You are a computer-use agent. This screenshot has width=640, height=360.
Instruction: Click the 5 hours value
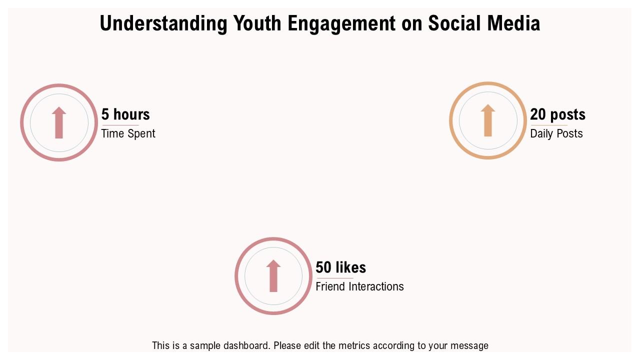tap(125, 114)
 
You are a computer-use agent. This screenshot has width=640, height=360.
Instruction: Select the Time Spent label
tap(128, 133)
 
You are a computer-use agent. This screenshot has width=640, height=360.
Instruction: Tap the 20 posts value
tap(557, 114)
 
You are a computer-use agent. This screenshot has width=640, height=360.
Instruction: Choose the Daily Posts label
tap(556, 133)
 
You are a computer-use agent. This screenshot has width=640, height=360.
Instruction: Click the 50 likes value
tap(341, 267)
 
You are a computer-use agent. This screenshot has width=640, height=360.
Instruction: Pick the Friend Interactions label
tap(359, 286)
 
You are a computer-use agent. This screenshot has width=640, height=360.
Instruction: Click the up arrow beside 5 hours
tap(59, 122)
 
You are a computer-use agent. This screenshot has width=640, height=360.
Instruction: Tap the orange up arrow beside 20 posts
tap(488, 120)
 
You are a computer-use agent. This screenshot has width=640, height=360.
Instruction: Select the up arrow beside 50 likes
tap(273, 275)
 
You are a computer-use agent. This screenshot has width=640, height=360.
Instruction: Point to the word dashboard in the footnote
tap(245, 345)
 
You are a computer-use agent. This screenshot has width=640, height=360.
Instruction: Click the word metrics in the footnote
tap(353, 345)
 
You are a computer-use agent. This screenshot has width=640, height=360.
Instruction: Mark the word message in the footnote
tap(469, 345)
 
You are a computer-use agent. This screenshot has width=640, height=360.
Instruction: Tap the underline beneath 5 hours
tap(120, 125)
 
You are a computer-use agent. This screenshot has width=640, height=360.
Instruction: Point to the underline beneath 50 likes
tap(334, 278)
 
